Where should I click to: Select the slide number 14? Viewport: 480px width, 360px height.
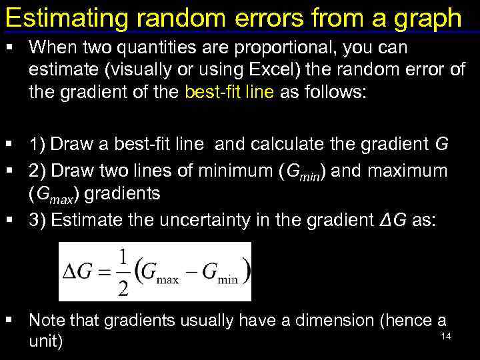point(446,336)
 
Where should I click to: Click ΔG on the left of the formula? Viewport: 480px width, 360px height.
point(77,272)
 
